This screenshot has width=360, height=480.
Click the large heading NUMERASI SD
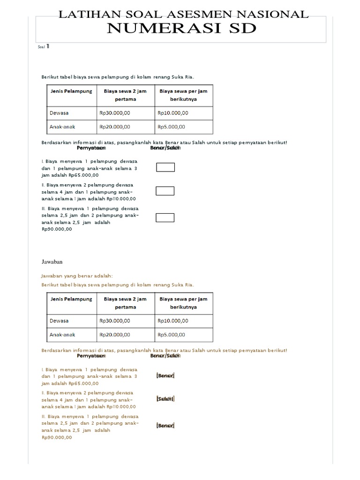[182, 28]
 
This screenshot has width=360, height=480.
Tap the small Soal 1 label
[44, 47]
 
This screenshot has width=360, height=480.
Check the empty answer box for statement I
[165, 167]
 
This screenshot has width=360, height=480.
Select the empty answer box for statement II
[165, 191]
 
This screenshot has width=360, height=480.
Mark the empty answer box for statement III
[165, 217]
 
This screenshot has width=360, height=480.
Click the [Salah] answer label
[165, 399]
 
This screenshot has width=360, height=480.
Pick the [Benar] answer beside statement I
[165, 376]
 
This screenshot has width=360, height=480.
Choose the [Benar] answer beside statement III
[165, 426]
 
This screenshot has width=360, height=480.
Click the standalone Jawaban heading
[52, 262]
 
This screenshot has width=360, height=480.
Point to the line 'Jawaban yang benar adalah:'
[77, 276]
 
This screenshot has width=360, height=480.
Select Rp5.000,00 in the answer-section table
[172, 334]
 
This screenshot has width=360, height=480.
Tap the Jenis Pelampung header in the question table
[71, 91]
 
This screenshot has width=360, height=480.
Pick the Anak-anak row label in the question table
[62, 127]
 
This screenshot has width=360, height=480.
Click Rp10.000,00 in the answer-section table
[173, 321]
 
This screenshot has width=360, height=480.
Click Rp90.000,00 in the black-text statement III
[57, 229]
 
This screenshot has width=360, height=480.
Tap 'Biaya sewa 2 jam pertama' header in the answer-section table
[125, 303]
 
